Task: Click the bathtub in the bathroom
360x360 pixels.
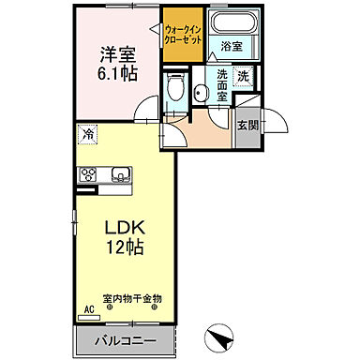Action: point(230,24)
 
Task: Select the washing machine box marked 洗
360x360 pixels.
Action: point(245,77)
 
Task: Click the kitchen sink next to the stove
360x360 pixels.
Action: point(120,174)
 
